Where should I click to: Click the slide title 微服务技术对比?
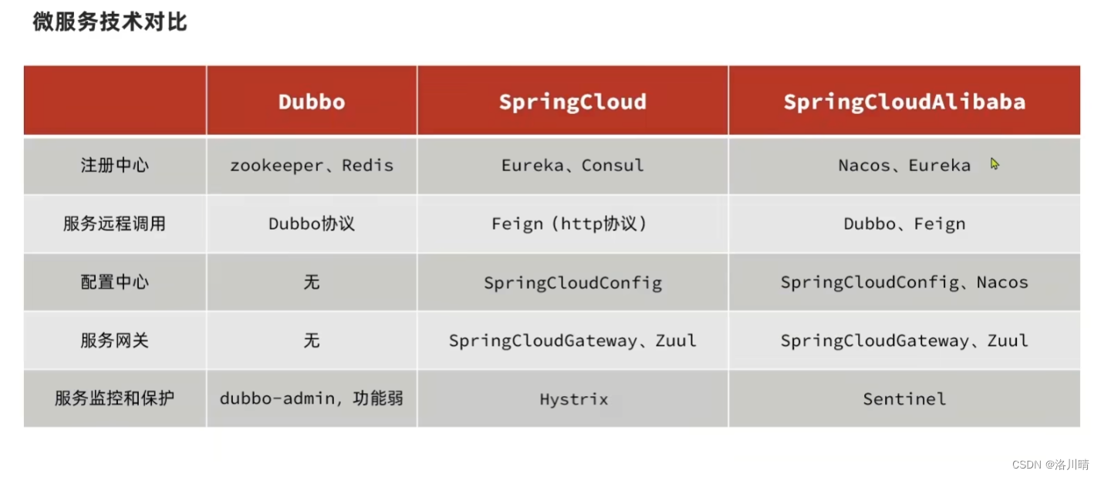pyautogui.click(x=110, y=22)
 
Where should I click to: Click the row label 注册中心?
pyautogui.click(x=115, y=166)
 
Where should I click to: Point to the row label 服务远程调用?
pyautogui.click(x=115, y=224)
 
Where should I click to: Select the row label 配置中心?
pyautogui.click(x=115, y=283)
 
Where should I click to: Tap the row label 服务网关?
pyautogui.click(x=115, y=341)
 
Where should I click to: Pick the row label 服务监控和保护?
pyautogui.click(x=115, y=399)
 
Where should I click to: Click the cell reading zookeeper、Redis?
pyautogui.click(x=312, y=166)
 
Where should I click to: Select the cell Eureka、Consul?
pyautogui.click(x=572, y=166)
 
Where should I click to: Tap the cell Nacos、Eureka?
pyautogui.click(x=904, y=166)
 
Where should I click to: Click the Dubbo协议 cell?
pyautogui.click(x=312, y=224)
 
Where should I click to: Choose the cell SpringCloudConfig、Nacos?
pyautogui.click(x=904, y=283)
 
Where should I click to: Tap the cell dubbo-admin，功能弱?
pyautogui.click(x=312, y=399)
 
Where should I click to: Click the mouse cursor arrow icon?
pyautogui.click(x=995, y=164)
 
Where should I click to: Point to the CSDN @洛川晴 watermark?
pyautogui.click(x=1050, y=465)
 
